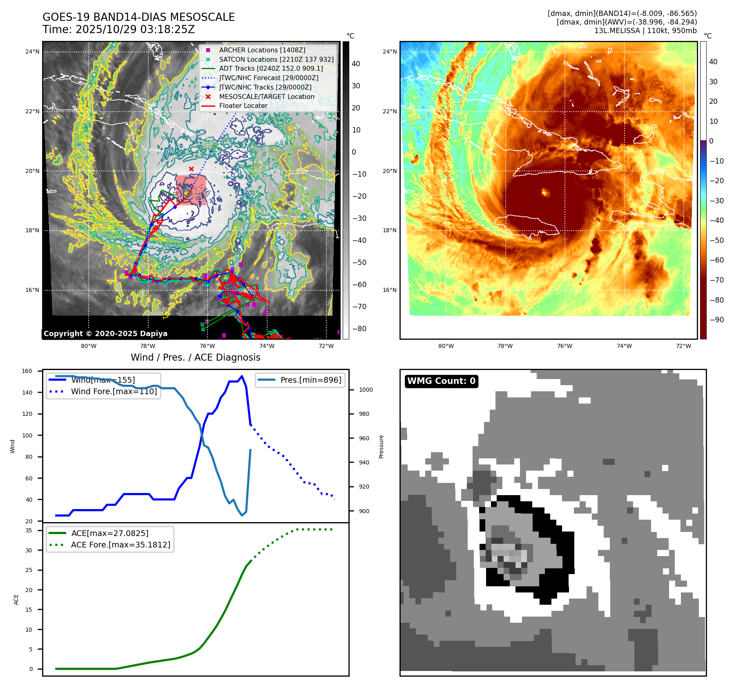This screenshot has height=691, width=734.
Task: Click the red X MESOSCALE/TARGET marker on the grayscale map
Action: tap(191, 169)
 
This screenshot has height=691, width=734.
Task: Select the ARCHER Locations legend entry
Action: tap(262, 50)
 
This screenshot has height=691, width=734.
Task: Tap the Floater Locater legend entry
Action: tap(243, 105)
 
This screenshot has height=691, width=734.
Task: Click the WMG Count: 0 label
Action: tap(441, 381)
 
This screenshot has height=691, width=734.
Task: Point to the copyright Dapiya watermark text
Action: tap(105, 334)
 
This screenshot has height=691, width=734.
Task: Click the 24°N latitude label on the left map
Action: tap(32, 52)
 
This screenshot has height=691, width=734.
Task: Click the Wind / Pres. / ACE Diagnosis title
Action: tap(195, 357)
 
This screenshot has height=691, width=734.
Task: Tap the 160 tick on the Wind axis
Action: tap(27, 371)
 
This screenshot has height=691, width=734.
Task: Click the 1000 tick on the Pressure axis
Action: tap(366, 390)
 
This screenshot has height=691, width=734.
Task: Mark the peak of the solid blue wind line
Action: tap(242, 376)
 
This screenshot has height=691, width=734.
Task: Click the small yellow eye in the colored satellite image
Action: tap(544, 192)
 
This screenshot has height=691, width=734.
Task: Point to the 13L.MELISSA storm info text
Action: tap(645, 31)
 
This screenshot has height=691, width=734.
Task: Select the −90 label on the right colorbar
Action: tap(717, 320)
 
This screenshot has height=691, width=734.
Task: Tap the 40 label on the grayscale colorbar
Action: tap(356, 64)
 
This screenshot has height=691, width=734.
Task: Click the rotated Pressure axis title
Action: tap(381, 446)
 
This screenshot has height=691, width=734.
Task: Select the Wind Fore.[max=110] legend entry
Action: tap(114, 391)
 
